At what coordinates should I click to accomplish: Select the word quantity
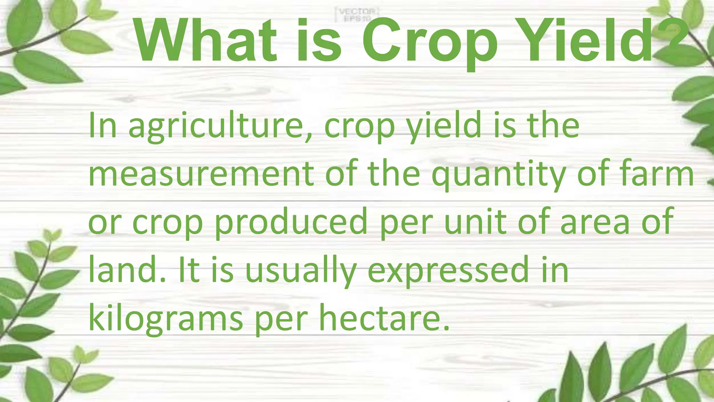click(499, 174)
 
